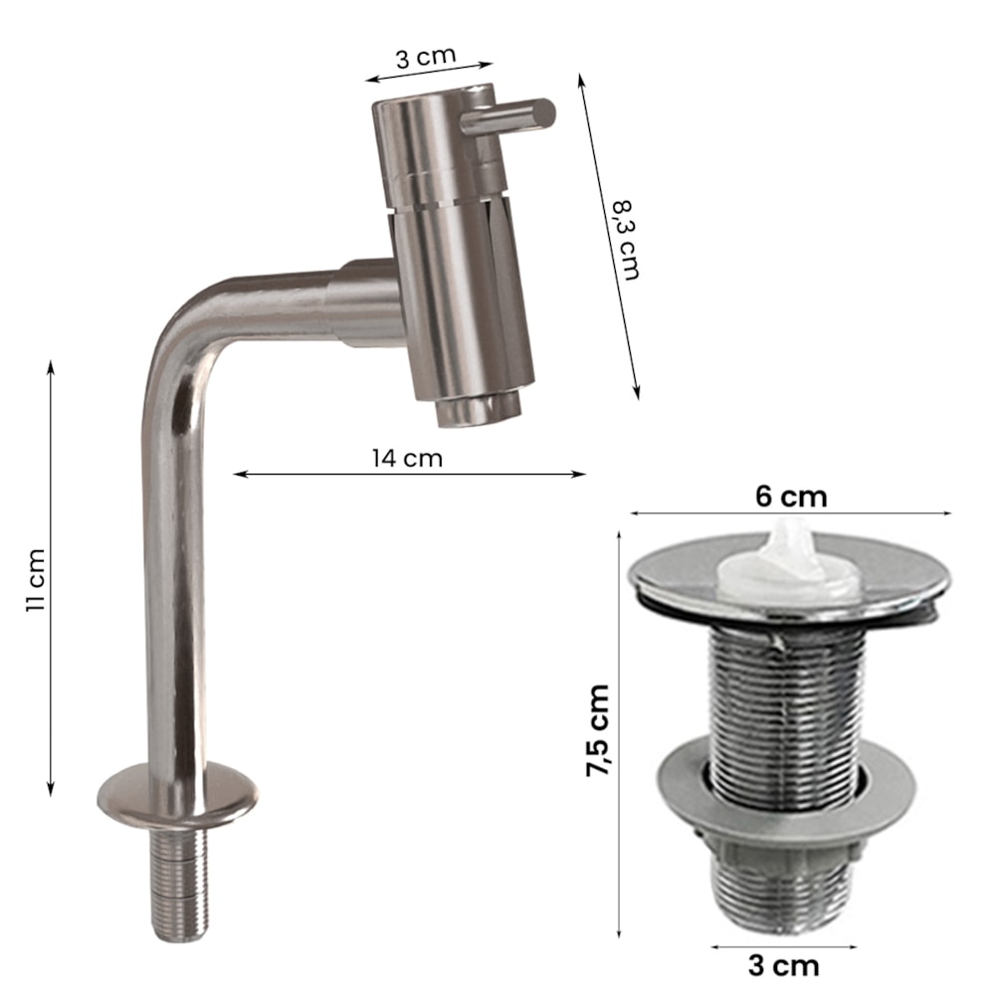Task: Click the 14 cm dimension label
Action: (x=407, y=458)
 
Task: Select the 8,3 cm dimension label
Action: (x=625, y=239)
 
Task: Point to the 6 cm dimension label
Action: (x=791, y=496)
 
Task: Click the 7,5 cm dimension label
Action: (x=598, y=729)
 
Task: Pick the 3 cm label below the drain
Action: (x=783, y=966)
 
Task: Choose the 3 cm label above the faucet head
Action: (x=426, y=57)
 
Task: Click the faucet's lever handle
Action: (x=508, y=116)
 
